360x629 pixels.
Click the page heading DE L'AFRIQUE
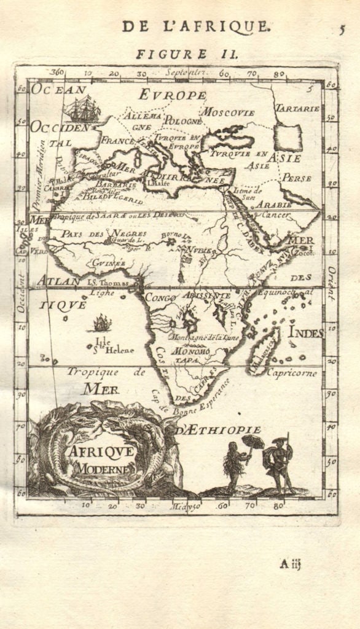coord(195,26)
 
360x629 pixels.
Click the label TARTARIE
coord(297,108)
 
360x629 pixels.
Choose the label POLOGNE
coord(179,120)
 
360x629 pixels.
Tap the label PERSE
coord(297,178)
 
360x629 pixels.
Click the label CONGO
coord(158,298)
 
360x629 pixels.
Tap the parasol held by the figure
coord(253,441)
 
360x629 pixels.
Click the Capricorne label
coord(292,373)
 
